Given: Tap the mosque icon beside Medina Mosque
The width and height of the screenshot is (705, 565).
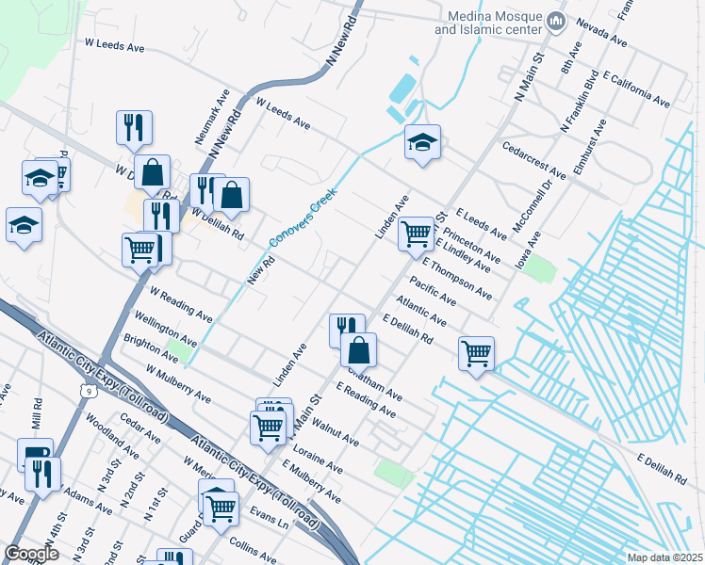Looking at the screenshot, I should click(x=556, y=20).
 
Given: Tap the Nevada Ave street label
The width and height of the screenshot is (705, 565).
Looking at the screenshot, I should click(x=601, y=35).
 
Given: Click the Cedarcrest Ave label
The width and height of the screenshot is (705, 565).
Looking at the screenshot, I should click(x=534, y=161).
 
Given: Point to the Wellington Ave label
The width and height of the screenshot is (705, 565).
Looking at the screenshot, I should click(x=166, y=326).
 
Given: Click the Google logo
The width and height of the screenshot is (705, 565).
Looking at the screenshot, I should click(x=31, y=554).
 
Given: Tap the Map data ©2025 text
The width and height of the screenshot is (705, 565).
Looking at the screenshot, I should click(x=664, y=557).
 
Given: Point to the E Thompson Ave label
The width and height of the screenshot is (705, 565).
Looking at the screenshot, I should click(x=457, y=280).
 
